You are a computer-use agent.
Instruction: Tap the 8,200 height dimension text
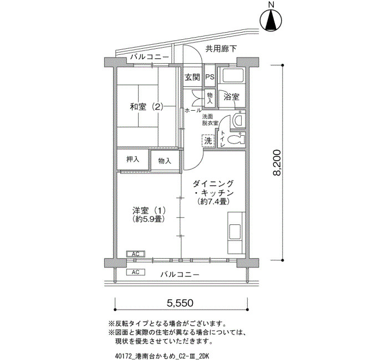[x=277, y=163]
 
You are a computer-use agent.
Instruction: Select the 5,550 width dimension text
[x=180, y=302]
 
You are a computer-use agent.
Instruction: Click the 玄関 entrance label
[x=192, y=78]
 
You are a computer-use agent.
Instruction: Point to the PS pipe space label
[x=210, y=77]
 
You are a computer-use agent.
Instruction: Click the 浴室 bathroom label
[x=231, y=97]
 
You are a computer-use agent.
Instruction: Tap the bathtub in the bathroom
[x=233, y=75]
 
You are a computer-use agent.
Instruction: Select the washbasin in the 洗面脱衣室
[x=238, y=120]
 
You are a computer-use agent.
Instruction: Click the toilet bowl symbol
[x=236, y=140]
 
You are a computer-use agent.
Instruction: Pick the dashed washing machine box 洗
[x=208, y=141]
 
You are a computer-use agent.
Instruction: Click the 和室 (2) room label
[x=147, y=107]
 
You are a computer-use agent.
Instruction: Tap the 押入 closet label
[x=133, y=160]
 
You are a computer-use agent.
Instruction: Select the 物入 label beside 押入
[x=165, y=161]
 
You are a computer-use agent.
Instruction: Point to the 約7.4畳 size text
[x=213, y=201]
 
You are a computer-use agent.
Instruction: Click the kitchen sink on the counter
[x=235, y=231]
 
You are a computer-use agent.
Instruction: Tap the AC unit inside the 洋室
[x=136, y=254]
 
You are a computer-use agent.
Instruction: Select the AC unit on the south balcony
[x=136, y=272]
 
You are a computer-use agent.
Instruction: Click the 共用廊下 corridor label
[x=221, y=49]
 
